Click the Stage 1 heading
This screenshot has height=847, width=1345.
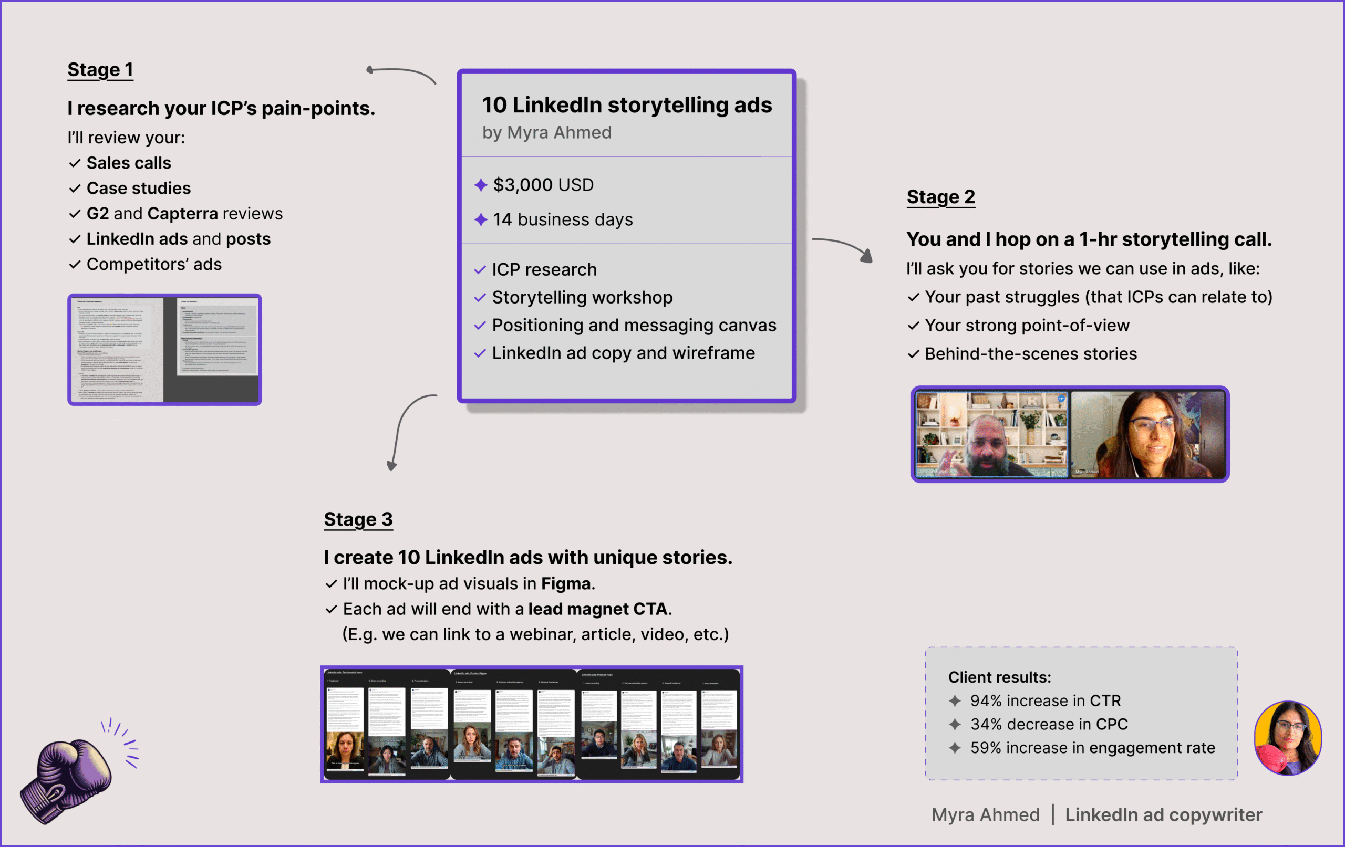point(100,70)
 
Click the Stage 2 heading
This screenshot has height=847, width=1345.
point(940,197)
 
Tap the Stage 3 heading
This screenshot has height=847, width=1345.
point(358,519)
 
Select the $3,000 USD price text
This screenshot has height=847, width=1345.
point(543,185)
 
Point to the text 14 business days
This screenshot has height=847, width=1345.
point(563,219)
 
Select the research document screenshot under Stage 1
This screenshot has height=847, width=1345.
point(164,350)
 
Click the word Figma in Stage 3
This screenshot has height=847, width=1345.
point(565,583)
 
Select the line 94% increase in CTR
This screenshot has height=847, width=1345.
point(1045,700)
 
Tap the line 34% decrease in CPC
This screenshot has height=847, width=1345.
point(1048,724)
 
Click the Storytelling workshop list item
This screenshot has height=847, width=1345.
point(582,298)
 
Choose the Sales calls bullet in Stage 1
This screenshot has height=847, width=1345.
point(129,163)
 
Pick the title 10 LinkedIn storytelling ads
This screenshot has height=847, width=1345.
point(627,105)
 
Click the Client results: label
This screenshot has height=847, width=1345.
point(999,677)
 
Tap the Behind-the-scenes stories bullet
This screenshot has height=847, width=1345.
point(1030,354)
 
